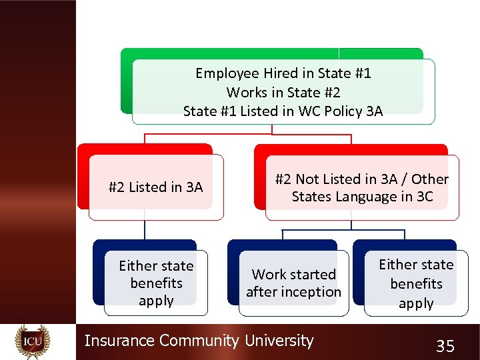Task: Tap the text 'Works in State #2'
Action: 283,92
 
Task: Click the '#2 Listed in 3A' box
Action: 156,187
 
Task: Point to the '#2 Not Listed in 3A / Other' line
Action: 362,179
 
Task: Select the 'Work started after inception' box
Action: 293,283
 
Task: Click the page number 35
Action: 445,345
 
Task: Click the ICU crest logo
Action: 33,341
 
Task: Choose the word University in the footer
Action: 279,341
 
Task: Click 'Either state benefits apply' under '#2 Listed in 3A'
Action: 156,283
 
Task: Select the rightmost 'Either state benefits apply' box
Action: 416,284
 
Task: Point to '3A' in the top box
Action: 375,111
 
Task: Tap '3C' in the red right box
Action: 424,197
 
